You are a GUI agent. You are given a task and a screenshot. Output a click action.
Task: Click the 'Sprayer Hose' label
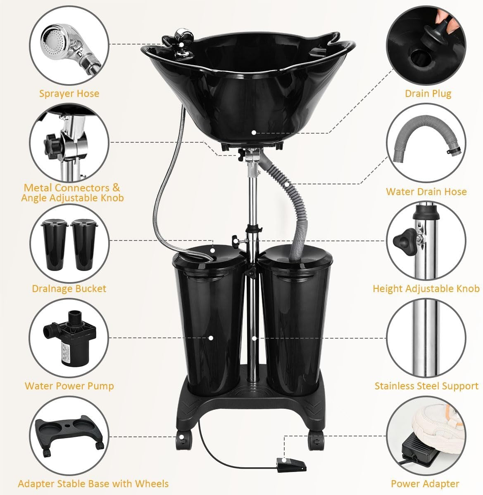pos(69,94)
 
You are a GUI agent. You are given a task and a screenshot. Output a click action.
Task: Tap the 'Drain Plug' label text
pos(428,94)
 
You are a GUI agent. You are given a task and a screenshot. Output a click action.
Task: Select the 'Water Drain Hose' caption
pos(426,191)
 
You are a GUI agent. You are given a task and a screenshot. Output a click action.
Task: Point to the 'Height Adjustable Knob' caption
pos(426,289)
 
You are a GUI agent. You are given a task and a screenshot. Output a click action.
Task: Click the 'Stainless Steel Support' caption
pos(426,386)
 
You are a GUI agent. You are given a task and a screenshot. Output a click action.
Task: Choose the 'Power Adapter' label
pos(425,483)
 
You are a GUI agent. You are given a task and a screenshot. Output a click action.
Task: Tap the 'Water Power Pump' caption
pos(69,386)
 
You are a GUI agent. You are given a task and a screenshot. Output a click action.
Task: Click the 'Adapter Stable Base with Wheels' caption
pos(93,483)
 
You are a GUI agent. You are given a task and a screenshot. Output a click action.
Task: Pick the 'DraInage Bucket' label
pos(69,289)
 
